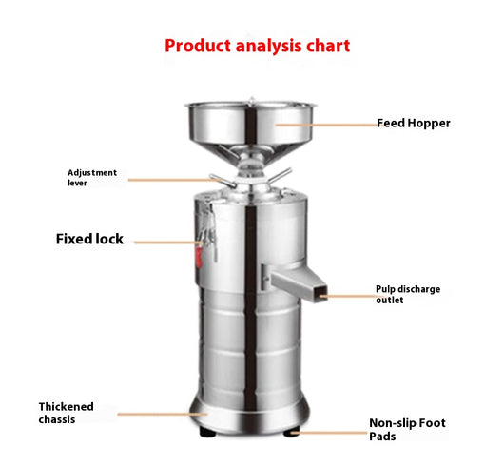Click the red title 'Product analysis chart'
pos(257,47)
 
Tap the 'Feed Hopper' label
pos(414,124)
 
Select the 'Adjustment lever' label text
pos(92,178)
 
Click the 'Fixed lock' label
pos(89,239)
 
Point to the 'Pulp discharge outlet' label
pos(408,295)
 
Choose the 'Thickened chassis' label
pos(66,413)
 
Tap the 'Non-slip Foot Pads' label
pos(407,430)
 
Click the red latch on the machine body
pos(199,257)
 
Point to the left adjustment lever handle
pos(222,181)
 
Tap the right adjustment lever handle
pos(280,176)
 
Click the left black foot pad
pos(207,433)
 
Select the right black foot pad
pos(292,432)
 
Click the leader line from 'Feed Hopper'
pos(326,125)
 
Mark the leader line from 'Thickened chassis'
pos(163,415)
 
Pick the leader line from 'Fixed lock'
pos(168,243)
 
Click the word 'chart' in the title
pos(328,46)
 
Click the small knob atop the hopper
pos(252,100)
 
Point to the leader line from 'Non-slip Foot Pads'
pos(329,433)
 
